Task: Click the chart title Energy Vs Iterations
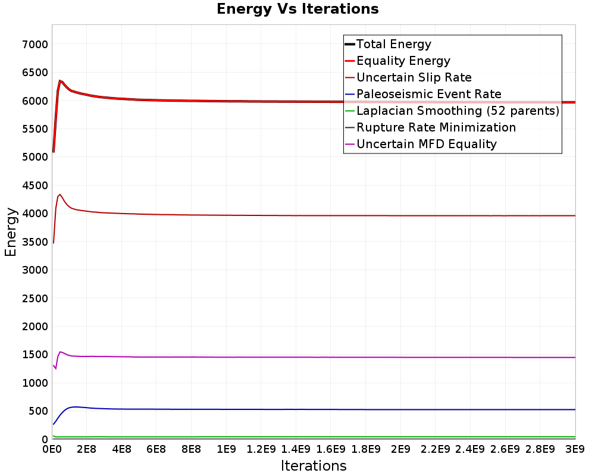click(x=297, y=9)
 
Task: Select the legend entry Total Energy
click(x=393, y=44)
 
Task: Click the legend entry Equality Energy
click(x=403, y=61)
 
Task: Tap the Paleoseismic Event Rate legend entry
click(x=428, y=94)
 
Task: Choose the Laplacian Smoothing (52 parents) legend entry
click(x=458, y=111)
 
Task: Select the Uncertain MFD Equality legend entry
click(x=426, y=144)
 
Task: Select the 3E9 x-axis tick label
click(x=574, y=449)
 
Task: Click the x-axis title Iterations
click(x=314, y=465)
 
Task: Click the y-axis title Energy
click(x=11, y=231)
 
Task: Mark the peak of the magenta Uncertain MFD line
click(x=60, y=352)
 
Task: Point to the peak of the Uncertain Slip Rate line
click(x=60, y=194)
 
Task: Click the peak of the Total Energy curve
click(x=60, y=80)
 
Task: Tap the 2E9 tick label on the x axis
click(x=400, y=449)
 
